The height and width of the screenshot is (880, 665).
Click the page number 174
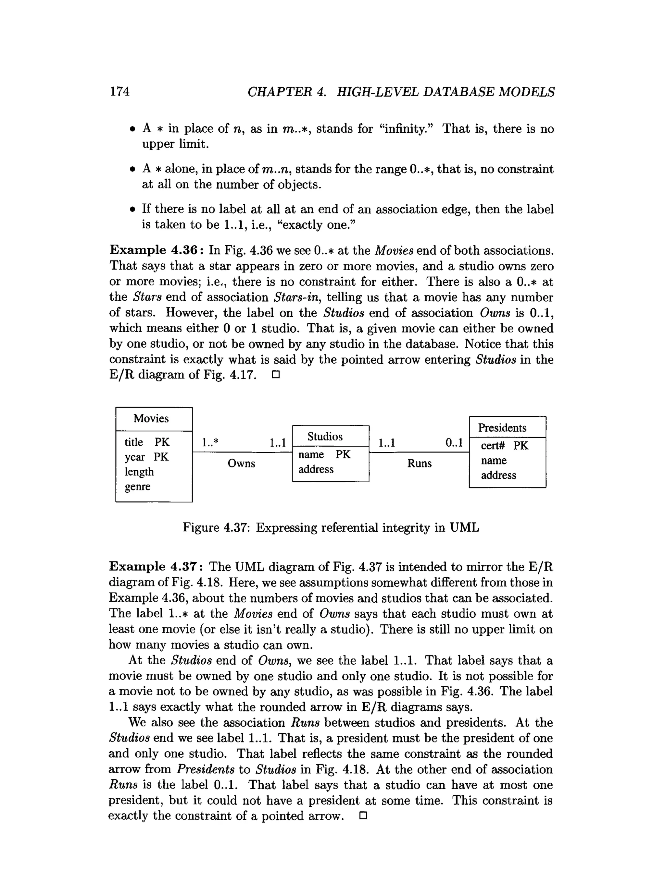(120, 91)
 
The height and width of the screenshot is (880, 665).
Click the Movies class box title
(151, 418)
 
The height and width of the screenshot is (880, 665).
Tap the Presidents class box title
(502, 428)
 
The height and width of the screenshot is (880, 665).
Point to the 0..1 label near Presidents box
(454, 442)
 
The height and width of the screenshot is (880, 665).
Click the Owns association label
(241, 464)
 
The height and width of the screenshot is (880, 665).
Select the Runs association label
(419, 464)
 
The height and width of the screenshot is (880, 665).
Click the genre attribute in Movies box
(137, 486)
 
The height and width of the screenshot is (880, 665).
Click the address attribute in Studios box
(316, 469)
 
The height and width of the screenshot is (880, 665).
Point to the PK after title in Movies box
(162, 442)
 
